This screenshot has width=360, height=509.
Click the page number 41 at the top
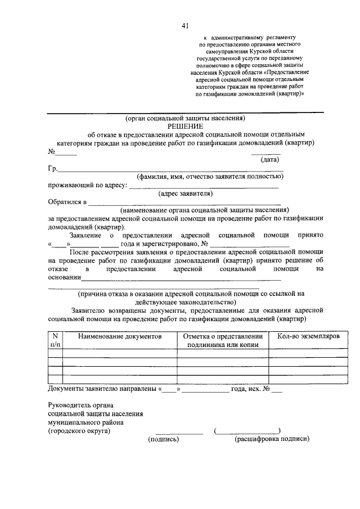(184, 25)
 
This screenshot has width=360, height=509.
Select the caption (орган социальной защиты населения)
(185, 119)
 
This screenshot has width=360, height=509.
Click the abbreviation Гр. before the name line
(53, 168)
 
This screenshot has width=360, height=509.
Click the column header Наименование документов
(120, 336)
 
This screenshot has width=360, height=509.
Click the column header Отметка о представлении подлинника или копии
(223, 340)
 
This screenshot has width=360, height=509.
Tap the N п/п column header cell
(55, 340)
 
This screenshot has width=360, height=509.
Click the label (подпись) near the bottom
(163, 439)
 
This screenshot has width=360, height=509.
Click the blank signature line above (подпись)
(179, 434)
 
